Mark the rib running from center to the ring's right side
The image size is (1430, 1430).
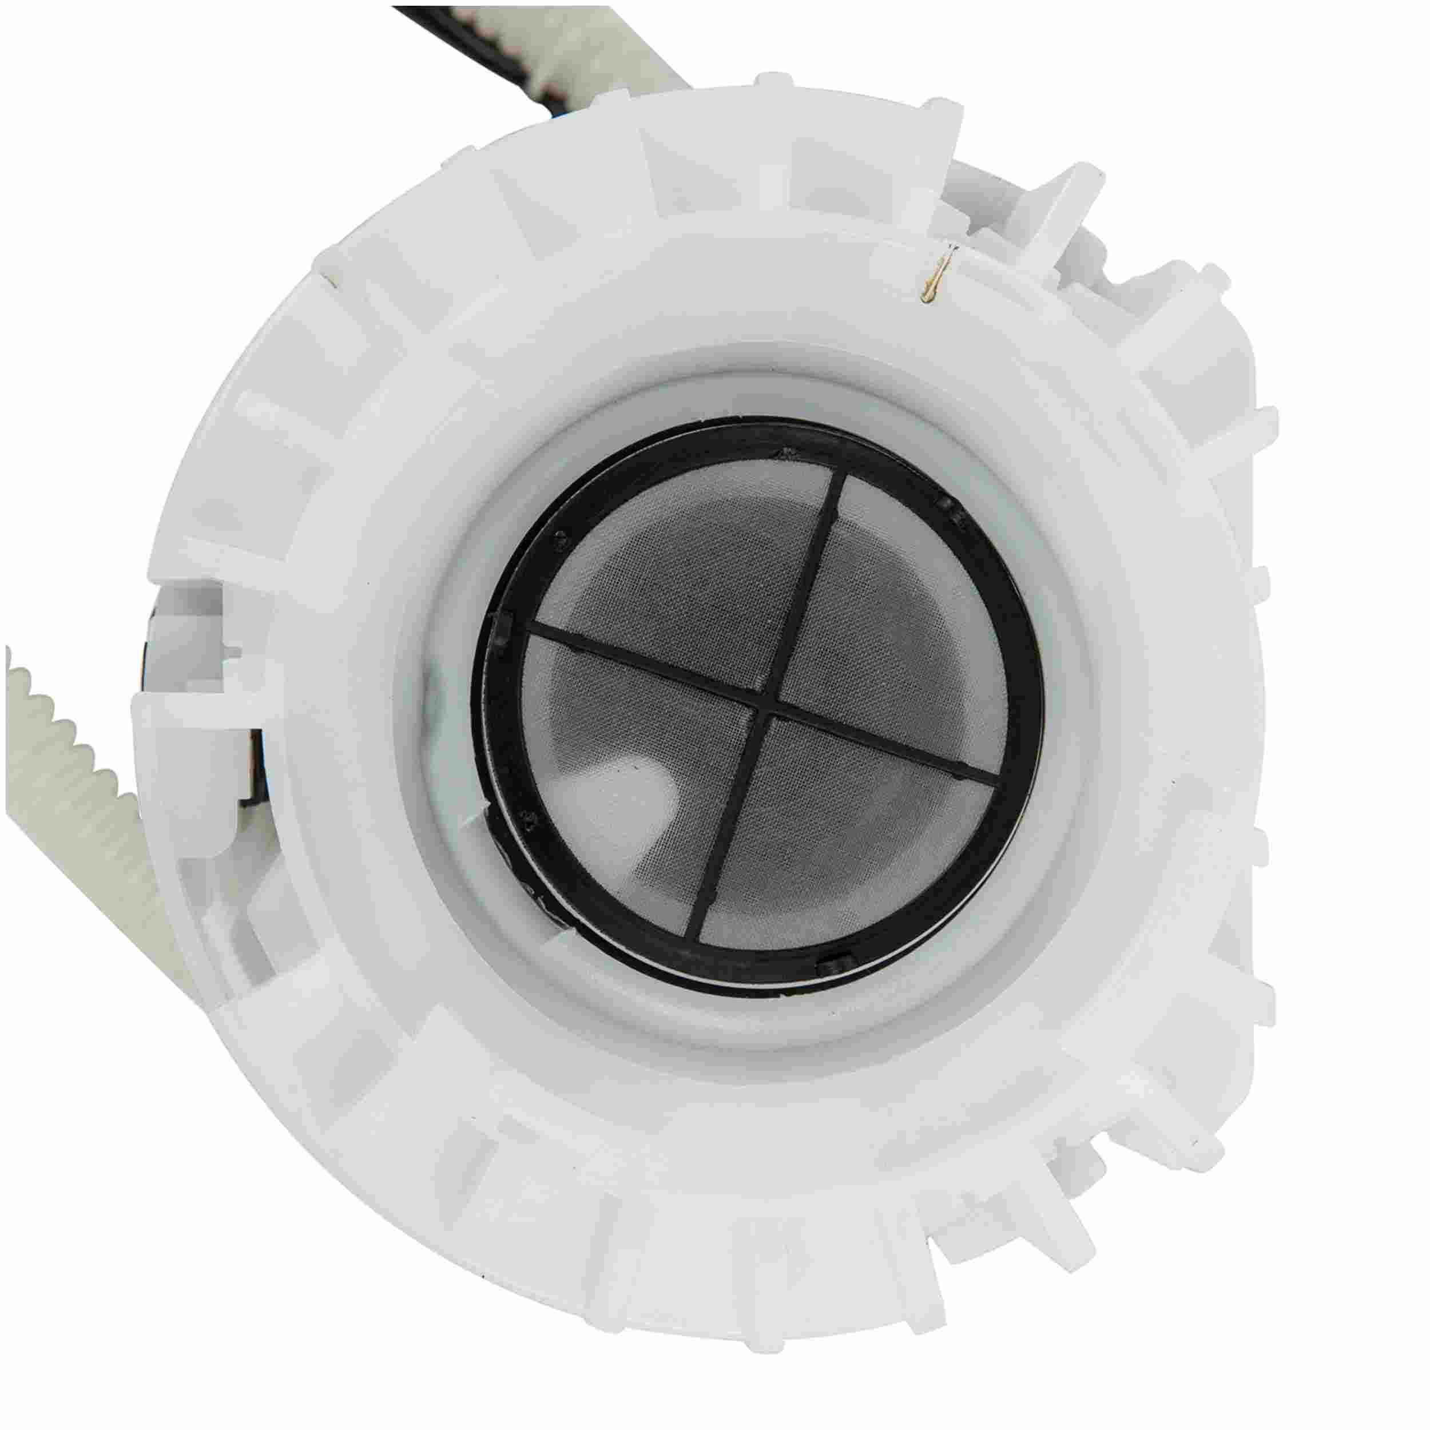[888, 748]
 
